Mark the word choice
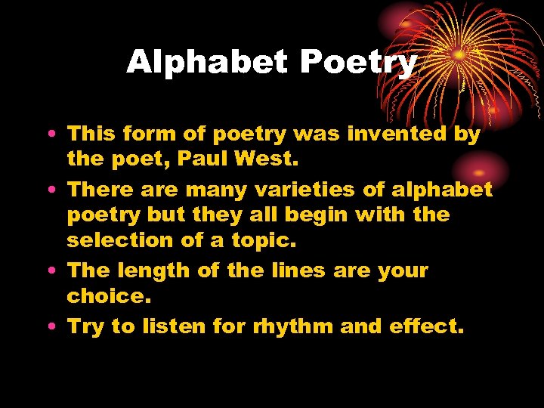pos(104,295)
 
